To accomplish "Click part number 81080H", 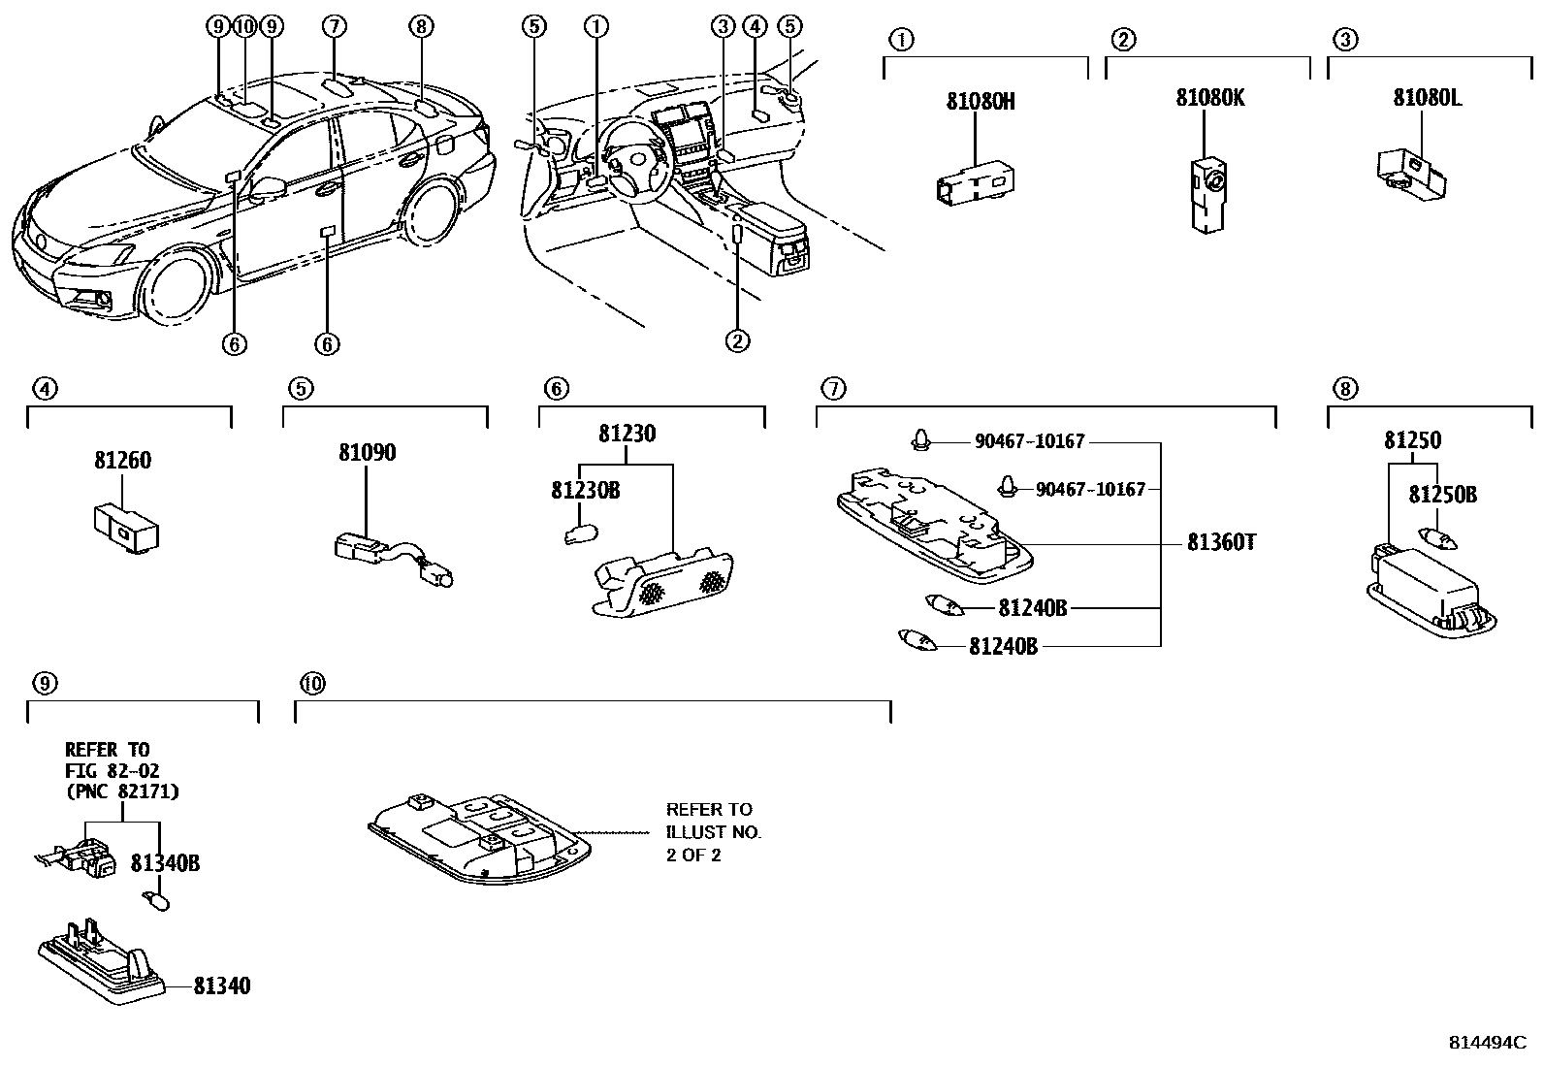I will [981, 101].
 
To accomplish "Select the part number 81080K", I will [1209, 98].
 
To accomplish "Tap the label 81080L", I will [1427, 98].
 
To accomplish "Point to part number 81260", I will [122, 461].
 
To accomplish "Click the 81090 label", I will [367, 453].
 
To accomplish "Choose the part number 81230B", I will [585, 491].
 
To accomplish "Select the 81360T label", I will [1221, 542].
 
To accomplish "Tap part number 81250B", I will [1442, 495].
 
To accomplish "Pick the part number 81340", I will [221, 986].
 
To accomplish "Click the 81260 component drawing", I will [127, 529].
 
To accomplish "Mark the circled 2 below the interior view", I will [737, 340].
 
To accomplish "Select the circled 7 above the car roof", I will [333, 26].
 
